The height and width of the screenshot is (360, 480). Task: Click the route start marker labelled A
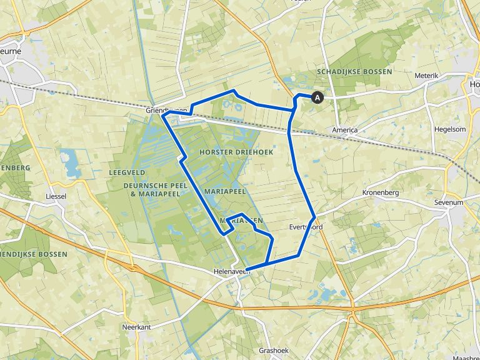click(317, 97)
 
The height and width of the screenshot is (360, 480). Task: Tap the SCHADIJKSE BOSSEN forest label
click(354, 72)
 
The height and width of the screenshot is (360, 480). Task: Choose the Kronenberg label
click(380, 192)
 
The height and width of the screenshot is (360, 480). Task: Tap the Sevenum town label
click(449, 203)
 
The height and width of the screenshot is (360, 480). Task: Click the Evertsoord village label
click(306, 227)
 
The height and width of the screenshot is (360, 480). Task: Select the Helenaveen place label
click(229, 271)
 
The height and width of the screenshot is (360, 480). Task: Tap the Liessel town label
click(56, 196)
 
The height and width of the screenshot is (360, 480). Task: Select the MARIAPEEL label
click(225, 191)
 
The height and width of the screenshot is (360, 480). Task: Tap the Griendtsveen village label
click(166, 110)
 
